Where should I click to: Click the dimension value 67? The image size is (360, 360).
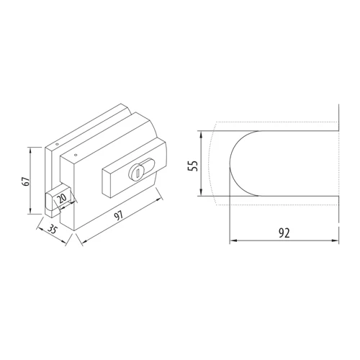27,181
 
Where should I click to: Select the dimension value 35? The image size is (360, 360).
52,230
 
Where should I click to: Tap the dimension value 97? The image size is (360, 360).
119,215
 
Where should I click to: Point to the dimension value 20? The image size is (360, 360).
62,199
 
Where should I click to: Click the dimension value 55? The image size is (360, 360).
193,166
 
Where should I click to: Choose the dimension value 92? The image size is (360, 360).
284,233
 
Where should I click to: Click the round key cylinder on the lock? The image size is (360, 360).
136,172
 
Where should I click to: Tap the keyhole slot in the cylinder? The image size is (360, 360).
138,174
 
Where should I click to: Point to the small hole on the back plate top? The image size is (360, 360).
57,145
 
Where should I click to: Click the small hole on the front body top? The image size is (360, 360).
76,155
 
